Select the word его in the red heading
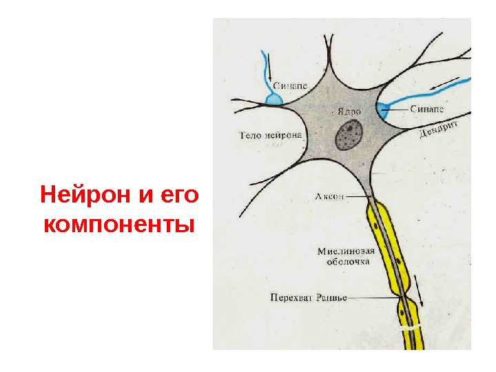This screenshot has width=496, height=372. tap(177, 194)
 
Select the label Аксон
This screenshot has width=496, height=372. tap(328, 196)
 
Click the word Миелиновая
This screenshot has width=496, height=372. tap(346, 251)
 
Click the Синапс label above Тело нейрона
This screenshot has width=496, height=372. tap(290, 86)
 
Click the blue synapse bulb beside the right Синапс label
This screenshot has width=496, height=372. tap(383, 107)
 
